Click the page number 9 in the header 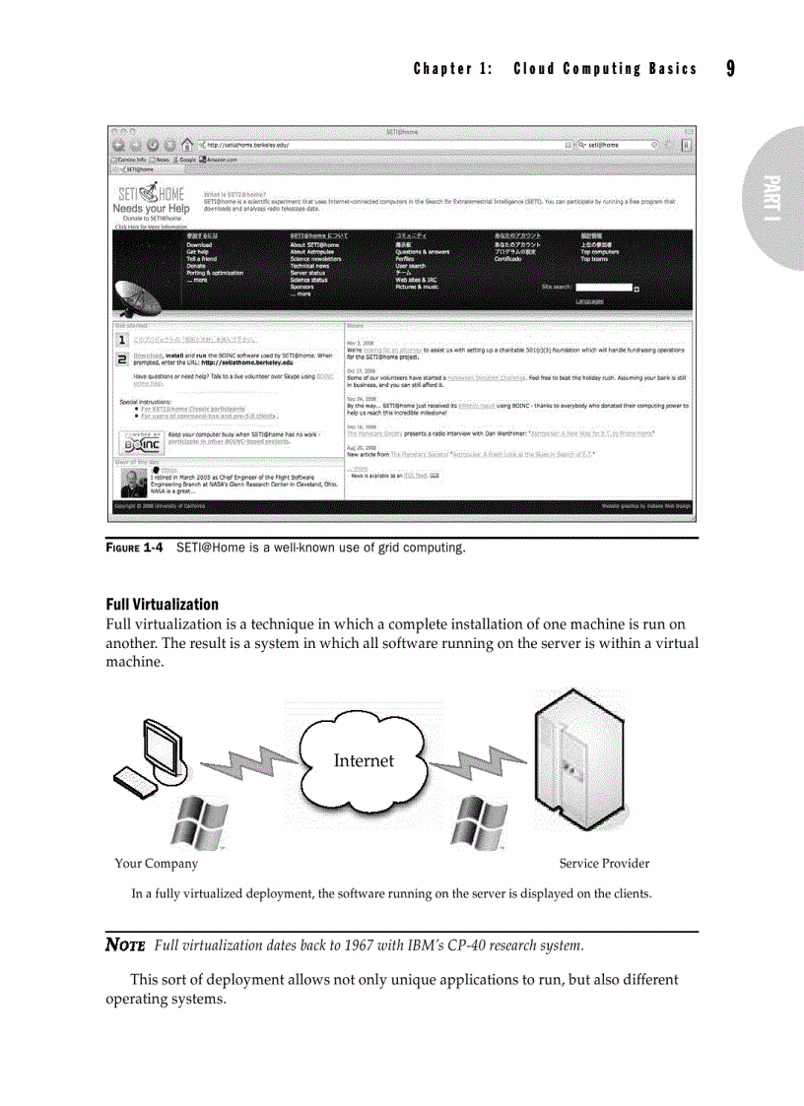pyautogui.click(x=730, y=68)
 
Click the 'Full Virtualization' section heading pyautogui.click(x=162, y=604)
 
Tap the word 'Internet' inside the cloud pyautogui.click(x=364, y=760)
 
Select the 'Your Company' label pyautogui.click(x=156, y=864)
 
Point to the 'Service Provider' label pyautogui.click(x=604, y=864)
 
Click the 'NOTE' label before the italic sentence pyautogui.click(x=125, y=946)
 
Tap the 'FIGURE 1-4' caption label pyautogui.click(x=134, y=547)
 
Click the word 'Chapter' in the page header pyautogui.click(x=444, y=69)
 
